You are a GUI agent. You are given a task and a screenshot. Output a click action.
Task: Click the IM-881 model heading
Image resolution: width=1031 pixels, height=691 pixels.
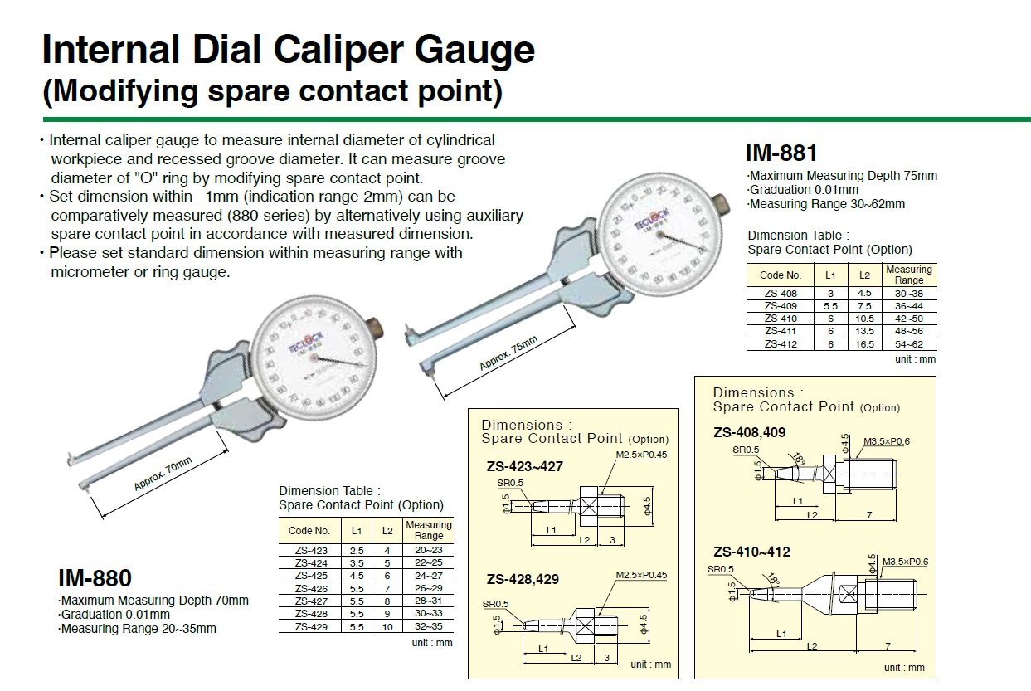click(781, 153)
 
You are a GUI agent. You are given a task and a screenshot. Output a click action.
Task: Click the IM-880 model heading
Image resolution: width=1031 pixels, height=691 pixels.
click(95, 577)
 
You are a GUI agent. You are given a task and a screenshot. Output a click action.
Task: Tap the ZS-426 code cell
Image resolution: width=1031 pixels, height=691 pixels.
click(311, 589)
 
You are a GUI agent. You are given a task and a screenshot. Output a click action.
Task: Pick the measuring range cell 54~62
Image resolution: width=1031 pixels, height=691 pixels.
click(909, 343)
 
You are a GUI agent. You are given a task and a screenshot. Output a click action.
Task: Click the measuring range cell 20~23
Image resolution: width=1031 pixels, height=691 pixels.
click(428, 550)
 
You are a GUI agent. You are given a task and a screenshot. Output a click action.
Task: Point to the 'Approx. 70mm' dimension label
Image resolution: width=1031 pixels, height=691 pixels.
click(163, 474)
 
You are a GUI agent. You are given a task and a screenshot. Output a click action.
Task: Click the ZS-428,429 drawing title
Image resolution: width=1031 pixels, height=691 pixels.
click(523, 579)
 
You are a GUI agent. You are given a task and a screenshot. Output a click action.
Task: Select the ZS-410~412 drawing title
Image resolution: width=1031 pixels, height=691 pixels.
click(751, 552)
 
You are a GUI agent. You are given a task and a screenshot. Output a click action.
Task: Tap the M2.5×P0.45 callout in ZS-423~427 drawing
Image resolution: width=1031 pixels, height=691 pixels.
click(641, 455)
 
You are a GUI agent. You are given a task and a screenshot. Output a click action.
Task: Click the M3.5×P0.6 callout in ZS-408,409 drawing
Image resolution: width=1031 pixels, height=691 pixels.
click(887, 440)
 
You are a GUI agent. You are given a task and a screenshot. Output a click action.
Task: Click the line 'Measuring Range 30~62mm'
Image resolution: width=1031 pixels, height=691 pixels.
click(826, 204)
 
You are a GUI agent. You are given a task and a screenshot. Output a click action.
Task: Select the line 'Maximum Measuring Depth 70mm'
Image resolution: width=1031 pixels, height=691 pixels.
click(154, 601)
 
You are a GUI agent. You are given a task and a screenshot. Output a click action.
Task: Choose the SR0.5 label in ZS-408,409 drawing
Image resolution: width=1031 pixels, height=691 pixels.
click(746, 450)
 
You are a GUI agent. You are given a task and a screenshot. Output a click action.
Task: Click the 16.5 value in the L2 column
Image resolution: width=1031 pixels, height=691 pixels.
click(865, 343)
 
